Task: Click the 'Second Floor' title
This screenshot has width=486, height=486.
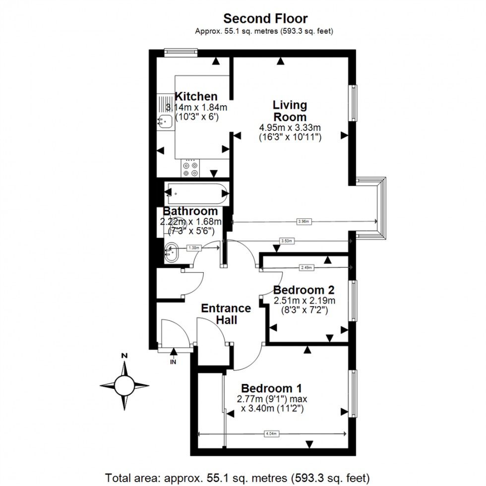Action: (x=265, y=19)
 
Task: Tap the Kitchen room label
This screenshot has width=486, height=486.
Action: (x=196, y=97)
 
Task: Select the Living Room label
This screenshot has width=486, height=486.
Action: (x=290, y=111)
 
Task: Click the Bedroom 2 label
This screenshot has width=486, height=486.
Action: (x=304, y=290)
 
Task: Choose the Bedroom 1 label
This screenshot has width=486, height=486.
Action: (x=272, y=388)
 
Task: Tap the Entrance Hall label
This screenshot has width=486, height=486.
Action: (x=226, y=314)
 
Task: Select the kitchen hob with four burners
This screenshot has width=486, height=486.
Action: (x=190, y=169)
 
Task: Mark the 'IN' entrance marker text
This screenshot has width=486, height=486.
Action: (x=173, y=363)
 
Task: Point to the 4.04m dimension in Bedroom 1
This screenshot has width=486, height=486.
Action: (x=271, y=434)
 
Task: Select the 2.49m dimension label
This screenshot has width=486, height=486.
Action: (x=307, y=268)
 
